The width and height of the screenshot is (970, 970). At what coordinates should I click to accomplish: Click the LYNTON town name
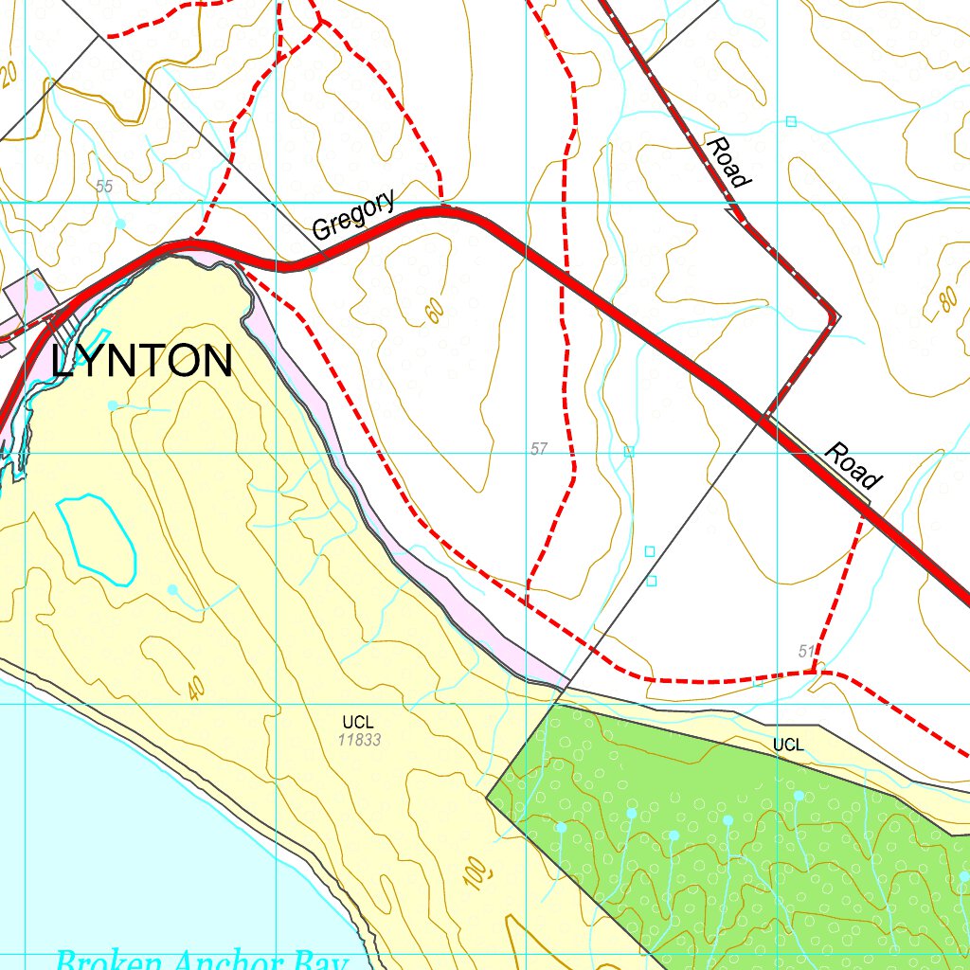tap(142, 362)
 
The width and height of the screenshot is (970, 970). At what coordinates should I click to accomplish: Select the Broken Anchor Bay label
tap(202, 961)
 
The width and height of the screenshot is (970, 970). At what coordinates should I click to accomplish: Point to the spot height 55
tap(104, 187)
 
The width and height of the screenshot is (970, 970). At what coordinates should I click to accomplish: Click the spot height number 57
tap(539, 448)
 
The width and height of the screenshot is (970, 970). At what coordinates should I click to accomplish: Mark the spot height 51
tap(806, 651)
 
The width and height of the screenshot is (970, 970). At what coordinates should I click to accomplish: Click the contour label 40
tap(195, 689)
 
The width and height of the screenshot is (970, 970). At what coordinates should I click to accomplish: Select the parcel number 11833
tap(361, 740)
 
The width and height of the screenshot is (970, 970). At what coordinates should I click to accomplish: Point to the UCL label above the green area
tap(788, 745)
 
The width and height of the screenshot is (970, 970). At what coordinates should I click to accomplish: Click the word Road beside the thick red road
tap(853, 464)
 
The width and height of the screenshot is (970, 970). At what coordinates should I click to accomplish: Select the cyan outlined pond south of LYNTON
tap(95, 538)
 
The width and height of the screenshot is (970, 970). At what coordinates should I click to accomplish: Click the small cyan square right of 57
tap(628, 452)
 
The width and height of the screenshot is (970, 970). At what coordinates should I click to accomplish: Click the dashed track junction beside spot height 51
tap(814, 671)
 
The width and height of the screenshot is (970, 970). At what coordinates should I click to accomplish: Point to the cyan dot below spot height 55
tap(120, 223)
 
